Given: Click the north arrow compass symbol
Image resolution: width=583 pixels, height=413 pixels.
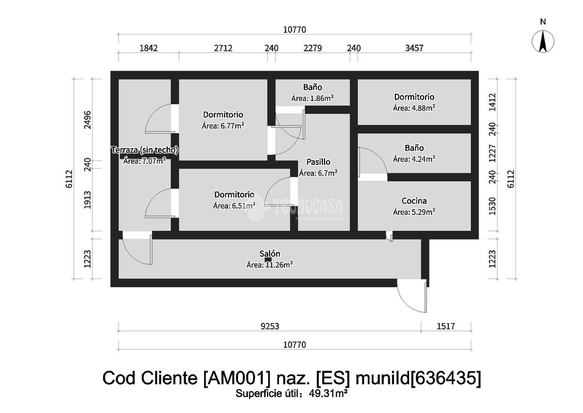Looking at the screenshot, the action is pos(543,41).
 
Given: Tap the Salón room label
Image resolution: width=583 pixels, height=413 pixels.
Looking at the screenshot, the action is pos(270,254).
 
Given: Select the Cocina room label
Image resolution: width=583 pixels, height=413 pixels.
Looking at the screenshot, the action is pos(414,201).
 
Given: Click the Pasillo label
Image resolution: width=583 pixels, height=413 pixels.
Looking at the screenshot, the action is pos(318,162).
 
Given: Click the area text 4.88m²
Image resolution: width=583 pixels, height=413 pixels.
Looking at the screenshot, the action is pos(422,108).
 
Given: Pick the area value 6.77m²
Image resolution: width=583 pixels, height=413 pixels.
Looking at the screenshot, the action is pos(231,126).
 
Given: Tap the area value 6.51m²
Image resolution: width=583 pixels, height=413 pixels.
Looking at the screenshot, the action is pos(242,206).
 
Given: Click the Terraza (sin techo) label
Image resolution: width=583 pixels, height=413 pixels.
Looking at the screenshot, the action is pos(145,150).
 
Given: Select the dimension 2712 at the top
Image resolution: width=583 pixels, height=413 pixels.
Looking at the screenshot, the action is pos(223,48).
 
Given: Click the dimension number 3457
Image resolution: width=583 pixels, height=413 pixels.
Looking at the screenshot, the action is pos(414,48).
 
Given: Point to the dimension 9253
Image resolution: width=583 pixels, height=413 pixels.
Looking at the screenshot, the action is pos(270,326).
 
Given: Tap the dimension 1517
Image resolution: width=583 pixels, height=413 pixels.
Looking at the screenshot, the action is pos(446,326).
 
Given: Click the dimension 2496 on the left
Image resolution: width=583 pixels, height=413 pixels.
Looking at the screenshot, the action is pos(88,120).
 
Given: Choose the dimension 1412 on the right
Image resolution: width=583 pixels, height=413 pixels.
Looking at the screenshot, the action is pos(493,102).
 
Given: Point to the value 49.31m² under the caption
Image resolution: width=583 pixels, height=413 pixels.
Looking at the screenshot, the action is pos(328,394).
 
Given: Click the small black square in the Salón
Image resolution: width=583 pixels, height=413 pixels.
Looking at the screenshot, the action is pos(268,259).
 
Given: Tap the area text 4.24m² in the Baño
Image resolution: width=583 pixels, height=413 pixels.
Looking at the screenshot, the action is pos(422,159).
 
